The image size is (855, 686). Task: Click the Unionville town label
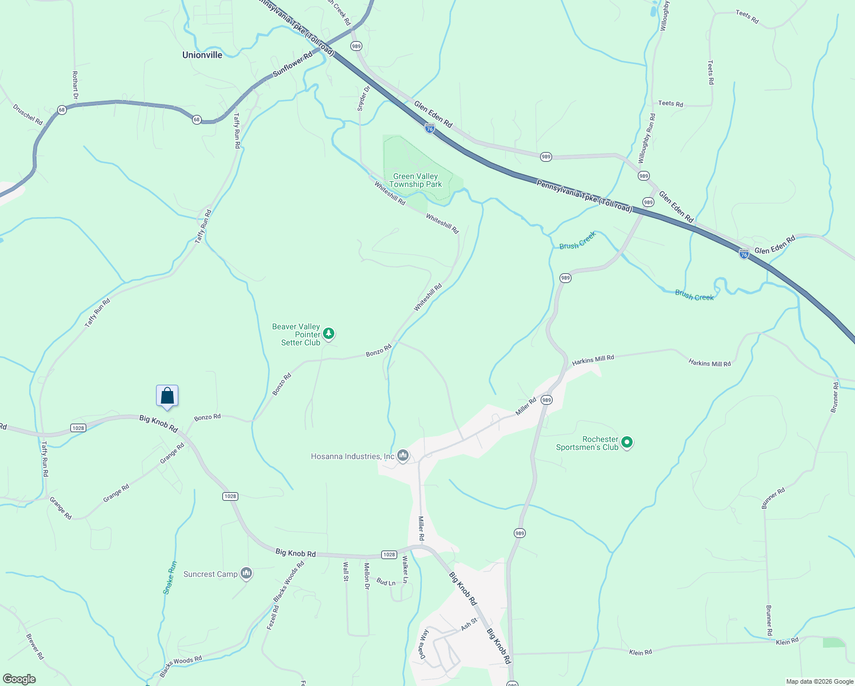[x=202, y=55]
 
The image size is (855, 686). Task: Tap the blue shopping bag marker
[x=167, y=396]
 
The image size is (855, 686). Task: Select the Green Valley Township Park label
[x=415, y=181]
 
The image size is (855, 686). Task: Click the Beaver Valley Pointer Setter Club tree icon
[x=329, y=333]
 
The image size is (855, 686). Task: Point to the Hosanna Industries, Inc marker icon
[x=403, y=456]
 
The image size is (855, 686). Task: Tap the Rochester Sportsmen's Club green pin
[x=627, y=442]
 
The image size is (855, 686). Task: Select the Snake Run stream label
[x=170, y=577]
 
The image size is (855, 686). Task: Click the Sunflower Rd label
[x=293, y=64]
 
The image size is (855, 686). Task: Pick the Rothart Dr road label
[x=75, y=85]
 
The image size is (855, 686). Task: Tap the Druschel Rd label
[x=28, y=115]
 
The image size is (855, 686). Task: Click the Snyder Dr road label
[x=363, y=98]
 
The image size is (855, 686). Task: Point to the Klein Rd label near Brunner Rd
[x=787, y=641]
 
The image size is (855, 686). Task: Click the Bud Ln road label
[x=386, y=583]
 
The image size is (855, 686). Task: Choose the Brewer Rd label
[x=35, y=647]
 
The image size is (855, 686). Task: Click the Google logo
[x=19, y=679]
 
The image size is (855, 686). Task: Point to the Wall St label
[x=346, y=571]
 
